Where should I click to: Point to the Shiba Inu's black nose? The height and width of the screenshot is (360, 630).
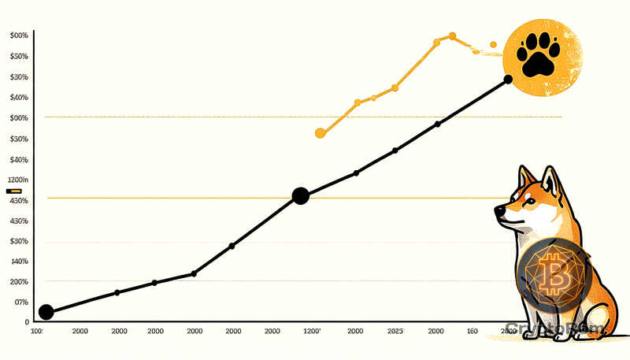[498, 210]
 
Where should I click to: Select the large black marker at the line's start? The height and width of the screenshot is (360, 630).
[46, 312]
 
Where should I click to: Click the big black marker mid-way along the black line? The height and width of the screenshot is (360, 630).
[300, 196]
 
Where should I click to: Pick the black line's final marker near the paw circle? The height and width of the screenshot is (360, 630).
[508, 79]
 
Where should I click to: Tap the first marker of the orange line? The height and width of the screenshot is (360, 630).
[320, 133]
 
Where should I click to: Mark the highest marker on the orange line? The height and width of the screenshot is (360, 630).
[452, 35]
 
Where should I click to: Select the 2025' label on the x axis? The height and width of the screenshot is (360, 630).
[396, 332]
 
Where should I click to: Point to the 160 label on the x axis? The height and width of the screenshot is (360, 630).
[472, 332]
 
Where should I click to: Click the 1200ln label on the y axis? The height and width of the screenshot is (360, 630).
[17, 180]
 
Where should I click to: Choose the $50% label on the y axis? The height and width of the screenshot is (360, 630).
[19, 57]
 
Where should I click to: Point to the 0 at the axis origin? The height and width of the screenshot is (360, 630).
[26, 322]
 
